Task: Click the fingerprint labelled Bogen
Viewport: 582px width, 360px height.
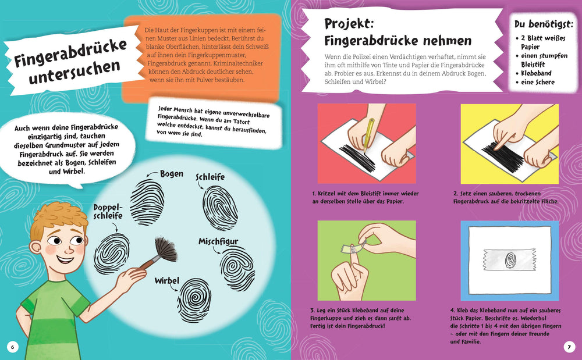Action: click(147, 202)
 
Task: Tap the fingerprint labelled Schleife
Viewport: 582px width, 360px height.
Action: click(220, 208)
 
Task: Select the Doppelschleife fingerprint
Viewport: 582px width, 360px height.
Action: click(111, 253)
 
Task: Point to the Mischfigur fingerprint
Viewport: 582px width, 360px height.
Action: click(237, 268)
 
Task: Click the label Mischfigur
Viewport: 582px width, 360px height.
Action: click(218, 241)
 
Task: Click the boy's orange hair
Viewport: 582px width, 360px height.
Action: click(59, 218)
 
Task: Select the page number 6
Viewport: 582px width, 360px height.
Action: click(13, 347)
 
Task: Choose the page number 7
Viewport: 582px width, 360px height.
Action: click(569, 347)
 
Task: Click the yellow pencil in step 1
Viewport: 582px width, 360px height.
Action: click(368, 136)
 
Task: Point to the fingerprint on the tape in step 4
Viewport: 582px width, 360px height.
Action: click(510, 260)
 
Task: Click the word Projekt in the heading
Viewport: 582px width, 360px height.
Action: click(349, 24)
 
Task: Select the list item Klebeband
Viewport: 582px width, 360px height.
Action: click(536, 73)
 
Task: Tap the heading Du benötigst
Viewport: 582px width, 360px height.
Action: click(544, 24)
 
